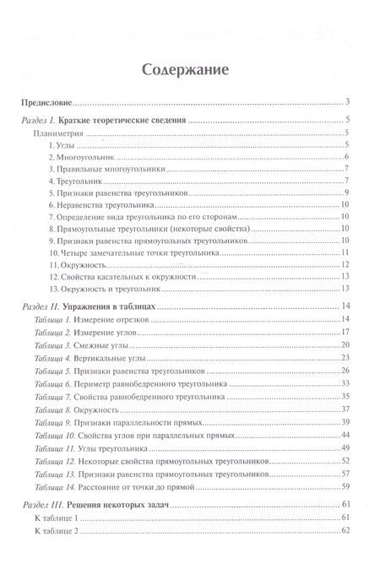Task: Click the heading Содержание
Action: (190, 71)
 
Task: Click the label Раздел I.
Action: (37, 122)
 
